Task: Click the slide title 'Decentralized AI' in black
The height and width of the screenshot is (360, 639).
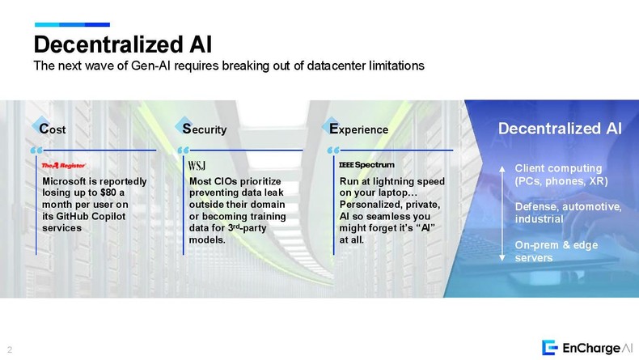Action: pyautogui.click(x=123, y=44)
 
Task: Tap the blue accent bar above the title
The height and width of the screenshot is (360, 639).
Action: pyautogui.click(x=72, y=25)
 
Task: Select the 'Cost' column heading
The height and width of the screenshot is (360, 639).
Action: pyautogui.click(x=52, y=129)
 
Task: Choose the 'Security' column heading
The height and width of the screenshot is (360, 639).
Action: pyautogui.click(x=204, y=129)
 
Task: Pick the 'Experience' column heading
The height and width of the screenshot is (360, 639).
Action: pyautogui.click(x=358, y=129)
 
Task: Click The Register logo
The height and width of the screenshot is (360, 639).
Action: pyautogui.click(x=64, y=165)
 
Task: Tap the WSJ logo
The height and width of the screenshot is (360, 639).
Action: pyautogui.click(x=197, y=165)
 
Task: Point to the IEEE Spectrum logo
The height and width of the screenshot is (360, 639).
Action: pyautogui.click(x=366, y=165)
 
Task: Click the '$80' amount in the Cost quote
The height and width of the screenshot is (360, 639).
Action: pyautogui.click(x=108, y=193)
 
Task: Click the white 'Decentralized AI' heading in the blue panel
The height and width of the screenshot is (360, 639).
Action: pyautogui.click(x=560, y=129)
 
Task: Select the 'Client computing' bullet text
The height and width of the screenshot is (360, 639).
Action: pyautogui.click(x=558, y=168)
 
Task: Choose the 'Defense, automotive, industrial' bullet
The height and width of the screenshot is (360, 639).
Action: pyautogui.click(x=568, y=213)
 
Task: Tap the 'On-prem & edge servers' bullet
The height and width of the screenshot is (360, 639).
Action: pyautogui.click(x=556, y=251)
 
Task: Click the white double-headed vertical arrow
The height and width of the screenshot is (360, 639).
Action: pyautogui.click(x=502, y=214)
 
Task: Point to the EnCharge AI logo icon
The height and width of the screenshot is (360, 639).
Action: pyautogui.click(x=549, y=347)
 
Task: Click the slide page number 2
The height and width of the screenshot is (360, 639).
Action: pyautogui.click(x=10, y=349)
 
